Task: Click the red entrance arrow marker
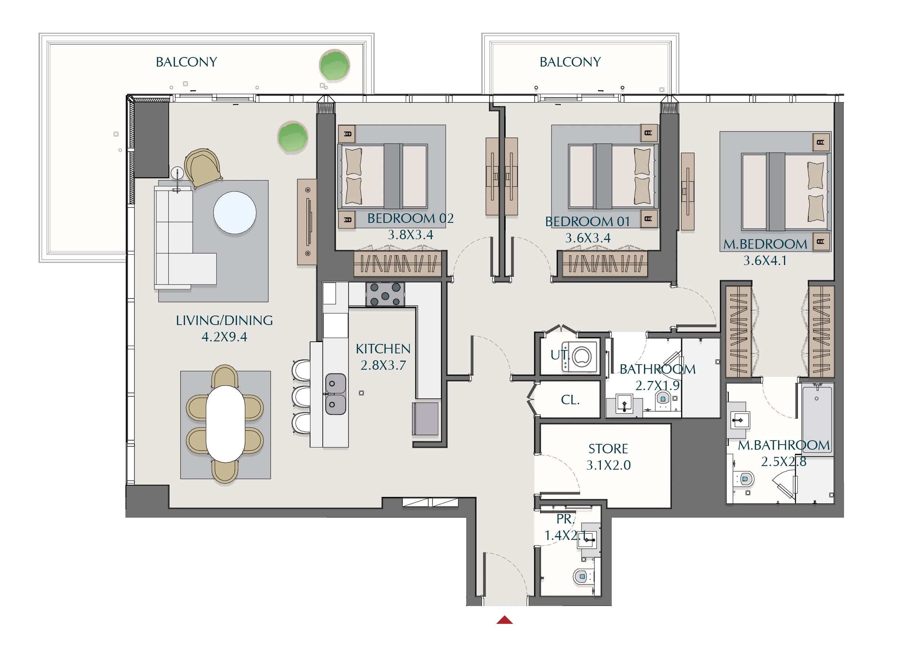click(505, 620)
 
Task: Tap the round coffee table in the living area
click(234, 213)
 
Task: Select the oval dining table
click(225, 424)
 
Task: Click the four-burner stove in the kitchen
click(385, 294)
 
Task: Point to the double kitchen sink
click(335, 394)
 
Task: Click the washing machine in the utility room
click(580, 356)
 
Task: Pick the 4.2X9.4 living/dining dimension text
click(224, 337)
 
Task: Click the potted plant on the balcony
click(334, 65)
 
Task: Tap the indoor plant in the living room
click(293, 137)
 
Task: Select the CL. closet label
click(570, 400)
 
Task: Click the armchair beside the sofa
click(203, 168)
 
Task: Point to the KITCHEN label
click(383, 349)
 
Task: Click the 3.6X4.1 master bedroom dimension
click(765, 261)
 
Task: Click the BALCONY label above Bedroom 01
click(570, 62)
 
